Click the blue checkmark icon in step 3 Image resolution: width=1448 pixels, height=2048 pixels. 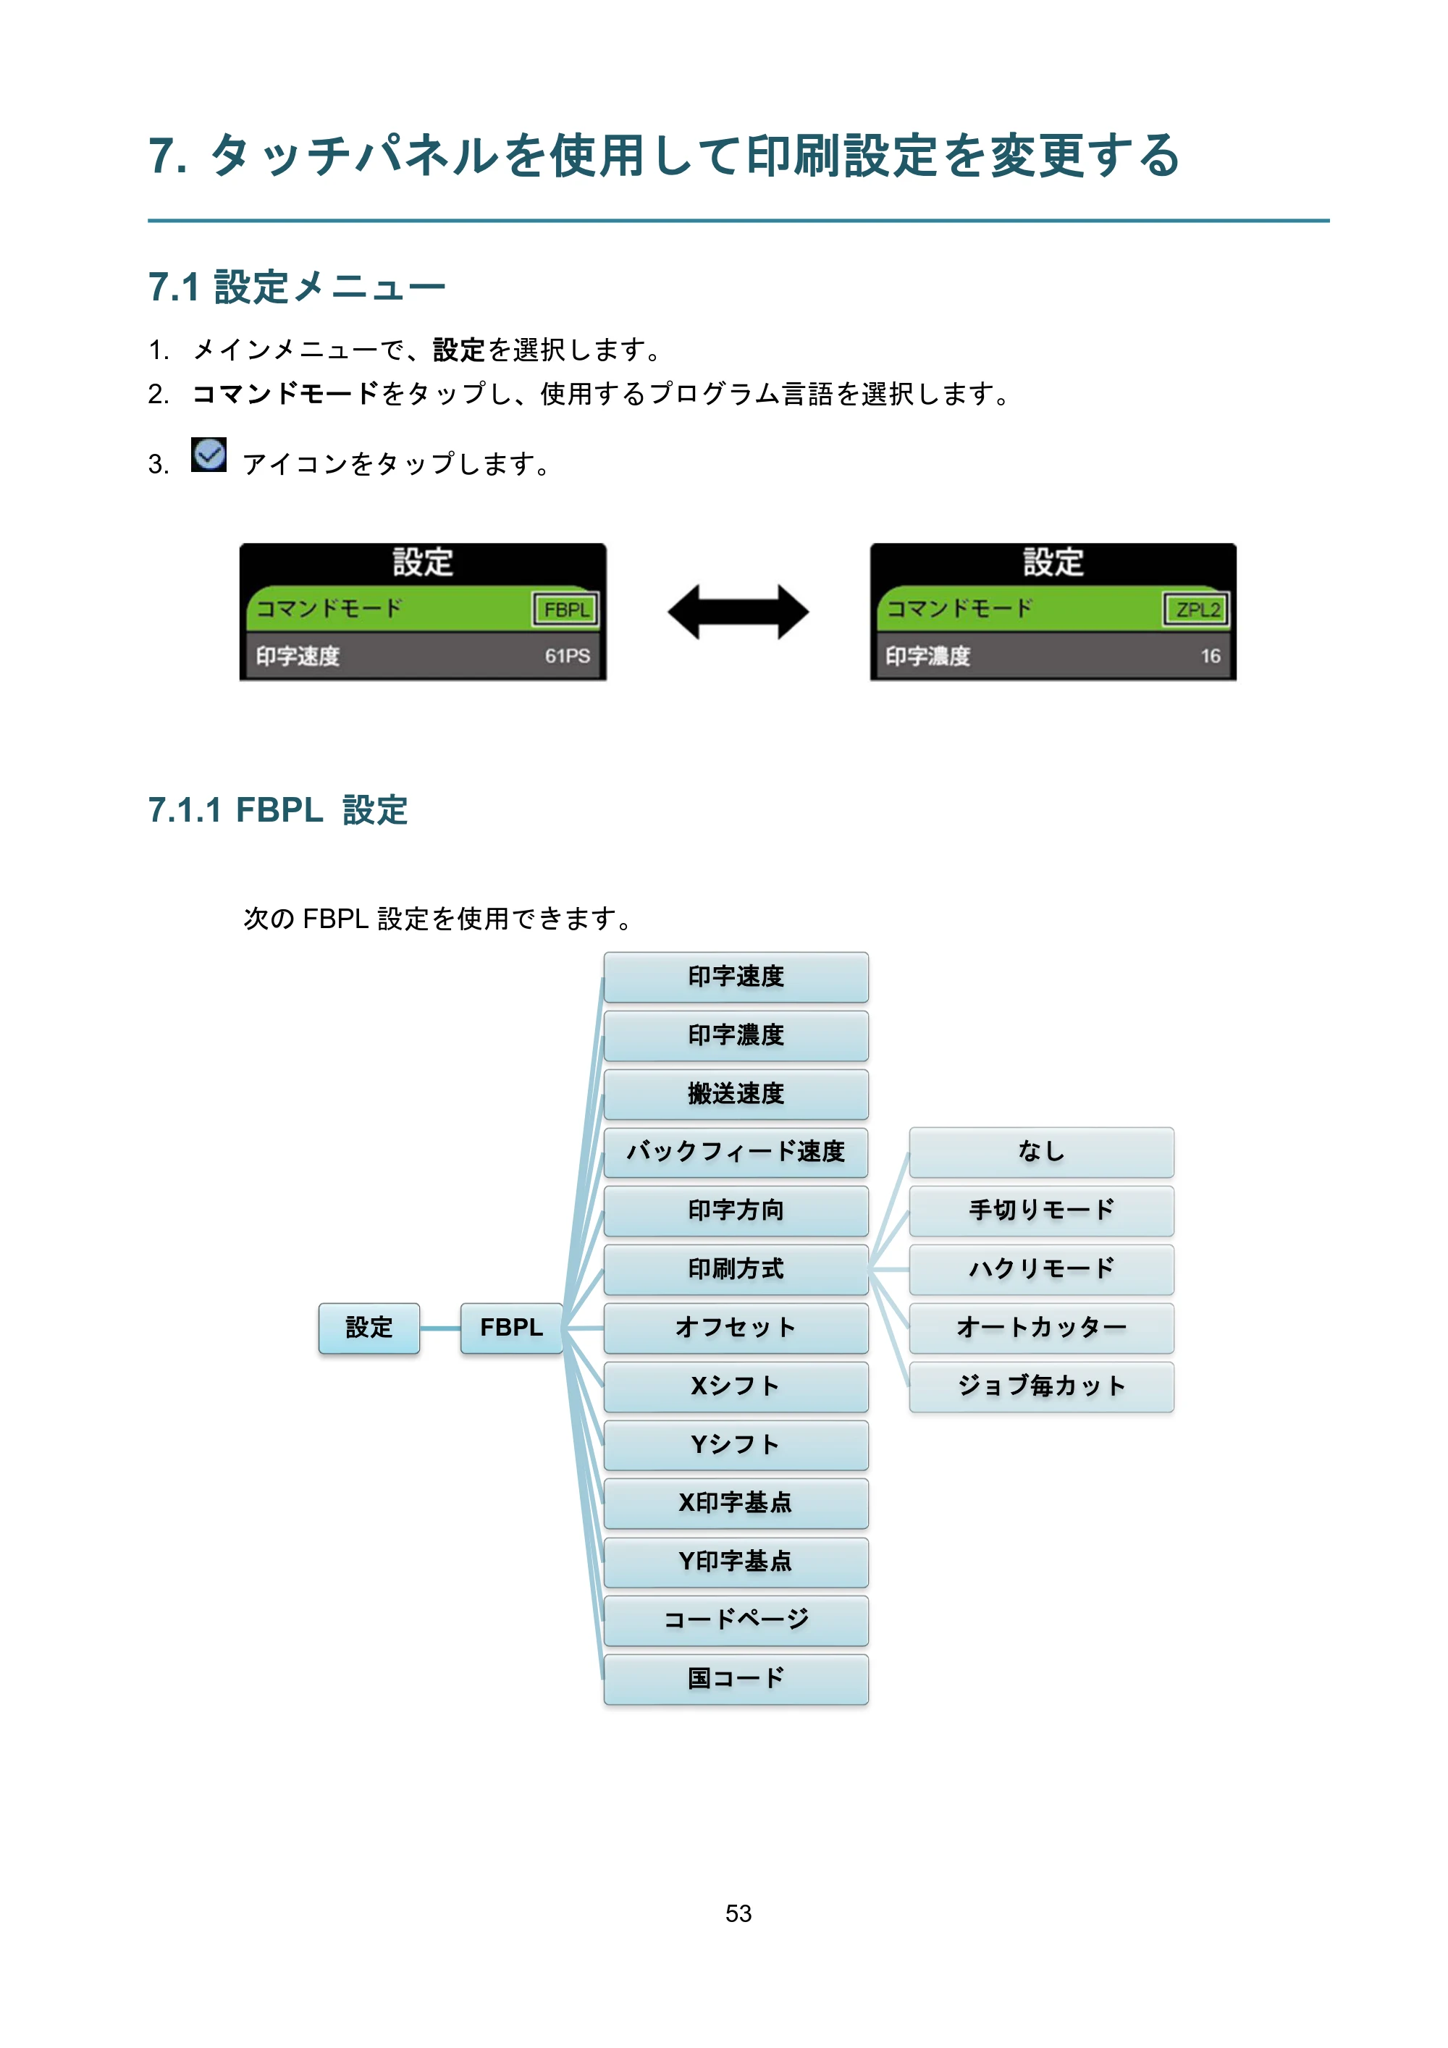point(209,455)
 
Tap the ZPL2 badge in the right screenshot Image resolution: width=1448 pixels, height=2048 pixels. point(1196,610)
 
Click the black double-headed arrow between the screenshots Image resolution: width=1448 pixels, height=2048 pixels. point(738,612)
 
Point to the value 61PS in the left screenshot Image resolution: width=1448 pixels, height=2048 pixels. point(568,656)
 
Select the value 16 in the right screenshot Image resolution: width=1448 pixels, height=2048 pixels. point(1210,657)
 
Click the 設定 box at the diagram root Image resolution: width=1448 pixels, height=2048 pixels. point(369,1328)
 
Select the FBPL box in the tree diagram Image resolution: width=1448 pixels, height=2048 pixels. point(511,1328)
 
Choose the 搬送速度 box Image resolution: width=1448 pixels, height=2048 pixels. point(736,1095)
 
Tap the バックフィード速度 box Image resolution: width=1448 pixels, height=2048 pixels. point(736,1152)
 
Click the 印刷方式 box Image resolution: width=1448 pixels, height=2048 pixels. point(736,1269)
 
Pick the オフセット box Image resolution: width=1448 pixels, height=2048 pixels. point(736,1328)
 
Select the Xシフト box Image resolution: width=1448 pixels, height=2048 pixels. point(736,1387)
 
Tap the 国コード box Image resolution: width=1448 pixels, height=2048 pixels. point(736,1680)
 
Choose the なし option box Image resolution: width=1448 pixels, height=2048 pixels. point(1041,1152)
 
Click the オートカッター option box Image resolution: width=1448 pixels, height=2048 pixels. point(1041,1328)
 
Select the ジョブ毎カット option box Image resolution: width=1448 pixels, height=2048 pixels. point(1041,1387)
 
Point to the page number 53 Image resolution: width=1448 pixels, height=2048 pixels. point(738,1913)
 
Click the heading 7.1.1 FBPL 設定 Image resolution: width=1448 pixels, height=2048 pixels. point(277,811)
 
